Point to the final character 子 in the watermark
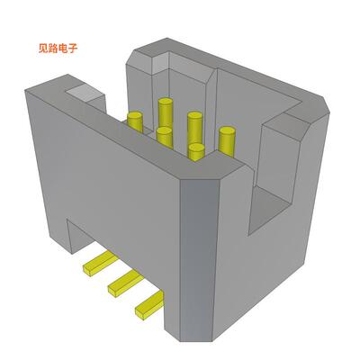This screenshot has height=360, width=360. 78,49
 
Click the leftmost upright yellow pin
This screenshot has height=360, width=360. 135,123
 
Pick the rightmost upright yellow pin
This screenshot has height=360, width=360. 227,139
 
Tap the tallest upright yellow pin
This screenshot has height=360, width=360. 166,112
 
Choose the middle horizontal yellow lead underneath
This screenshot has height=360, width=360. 120,285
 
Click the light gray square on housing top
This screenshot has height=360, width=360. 83,92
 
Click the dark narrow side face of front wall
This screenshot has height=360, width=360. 200,261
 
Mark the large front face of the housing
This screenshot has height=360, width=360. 117,180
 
